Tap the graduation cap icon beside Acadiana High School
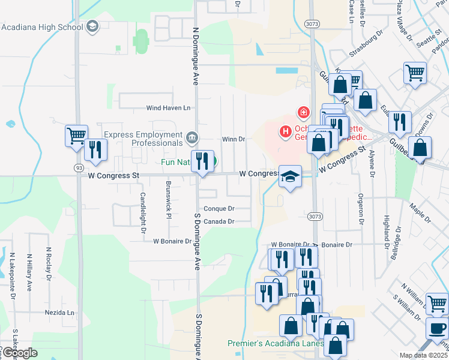92,26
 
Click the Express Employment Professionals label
142,139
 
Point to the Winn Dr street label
234,139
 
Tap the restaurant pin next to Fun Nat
202,161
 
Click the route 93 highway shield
78,167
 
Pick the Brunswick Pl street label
169,208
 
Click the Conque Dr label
218,209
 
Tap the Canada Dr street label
218,221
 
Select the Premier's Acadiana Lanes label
276,344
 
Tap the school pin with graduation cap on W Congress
290,176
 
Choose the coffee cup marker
436,329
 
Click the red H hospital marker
285,131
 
